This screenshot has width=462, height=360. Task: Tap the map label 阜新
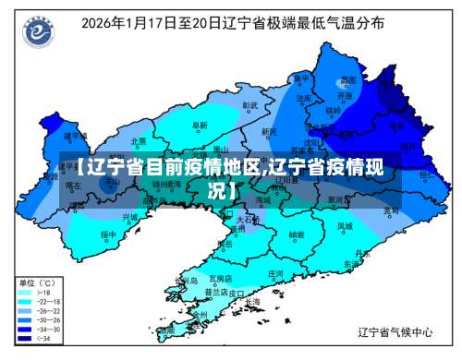201,125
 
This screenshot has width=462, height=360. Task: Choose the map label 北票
139,141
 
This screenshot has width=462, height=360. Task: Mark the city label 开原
345,94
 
